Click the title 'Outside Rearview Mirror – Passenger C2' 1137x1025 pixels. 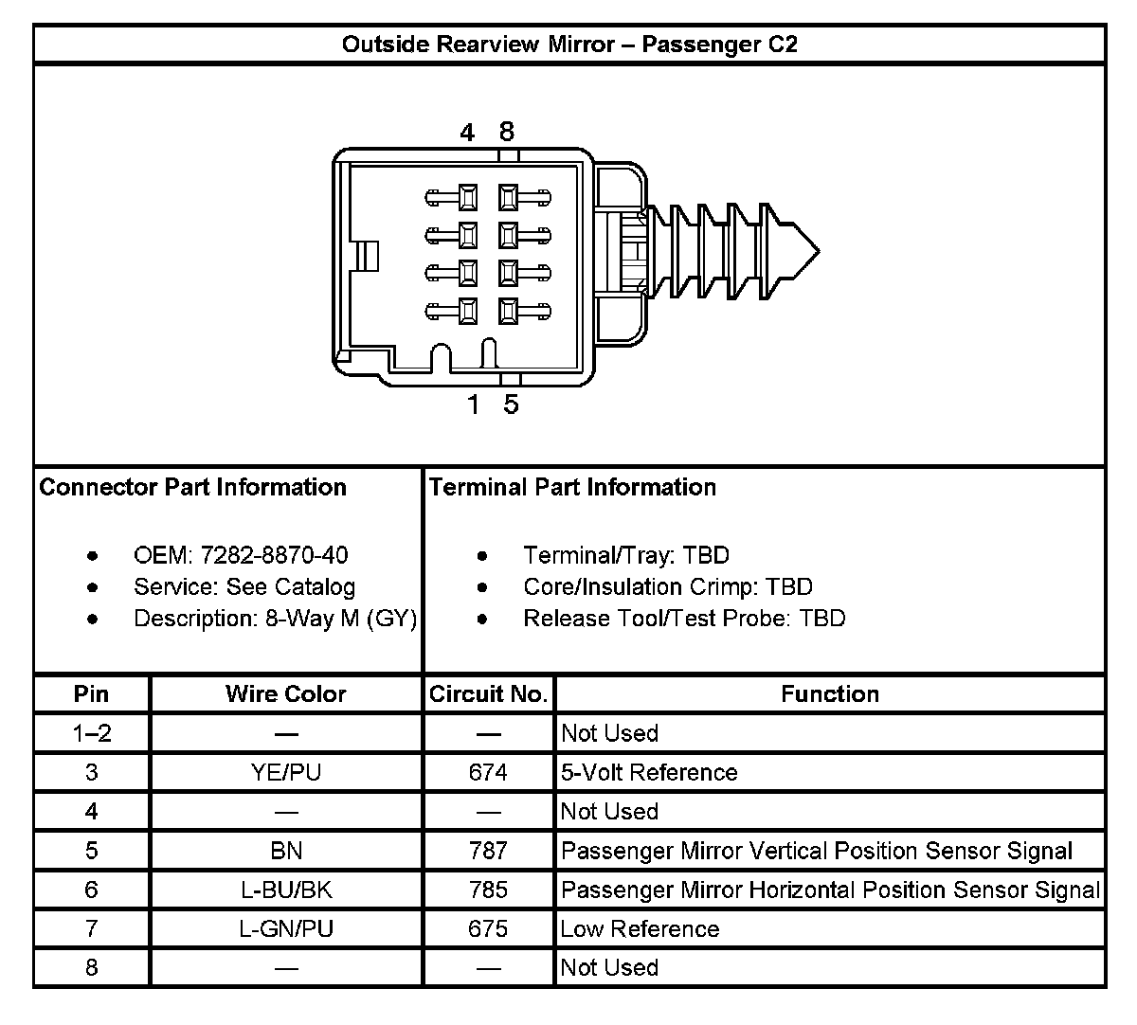[568, 45]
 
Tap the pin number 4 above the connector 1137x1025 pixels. [467, 133]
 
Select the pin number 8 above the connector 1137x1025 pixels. [507, 132]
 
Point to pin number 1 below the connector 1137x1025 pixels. [473, 405]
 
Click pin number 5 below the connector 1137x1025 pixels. [511, 405]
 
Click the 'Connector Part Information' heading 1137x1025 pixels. [193, 487]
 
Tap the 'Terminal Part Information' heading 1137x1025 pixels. [572, 487]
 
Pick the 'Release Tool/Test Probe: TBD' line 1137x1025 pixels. [683, 619]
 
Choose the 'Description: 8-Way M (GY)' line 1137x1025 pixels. [275, 619]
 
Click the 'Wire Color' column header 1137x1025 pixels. [286, 694]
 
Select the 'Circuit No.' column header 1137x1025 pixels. [489, 694]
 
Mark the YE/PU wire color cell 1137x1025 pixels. [286, 772]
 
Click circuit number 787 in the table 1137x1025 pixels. [488, 851]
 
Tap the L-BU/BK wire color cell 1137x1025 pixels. [286, 890]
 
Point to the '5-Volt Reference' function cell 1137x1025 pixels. [649, 772]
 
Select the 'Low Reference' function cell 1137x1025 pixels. [640, 928]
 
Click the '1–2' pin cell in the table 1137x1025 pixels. [91, 733]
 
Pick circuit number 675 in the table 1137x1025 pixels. [488, 928]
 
